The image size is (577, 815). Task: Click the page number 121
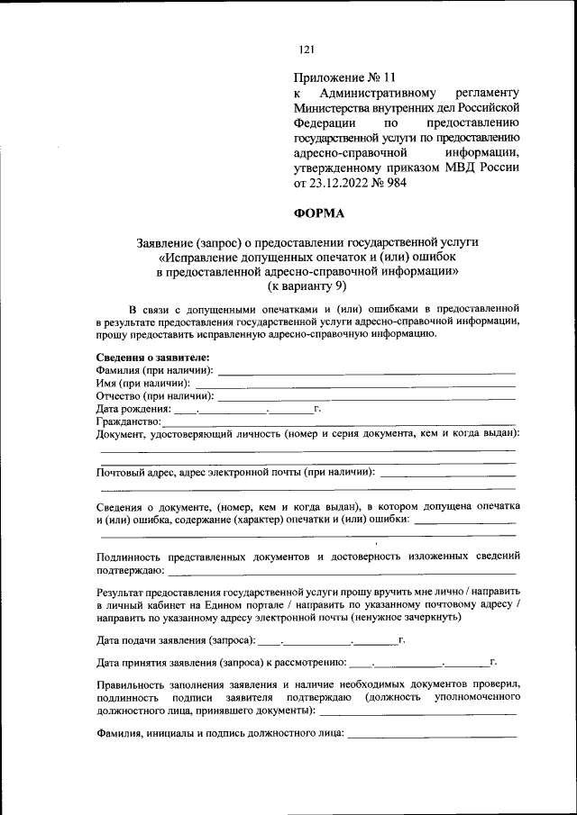[x=307, y=50]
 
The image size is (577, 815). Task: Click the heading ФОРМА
[x=318, y=213]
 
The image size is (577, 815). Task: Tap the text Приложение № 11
[x=344, y=78]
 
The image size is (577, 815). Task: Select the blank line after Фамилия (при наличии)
[x=366, y=371]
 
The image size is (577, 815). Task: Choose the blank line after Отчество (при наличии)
[x=367, y=396]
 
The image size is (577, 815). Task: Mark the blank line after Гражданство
[x=338, y=421]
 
